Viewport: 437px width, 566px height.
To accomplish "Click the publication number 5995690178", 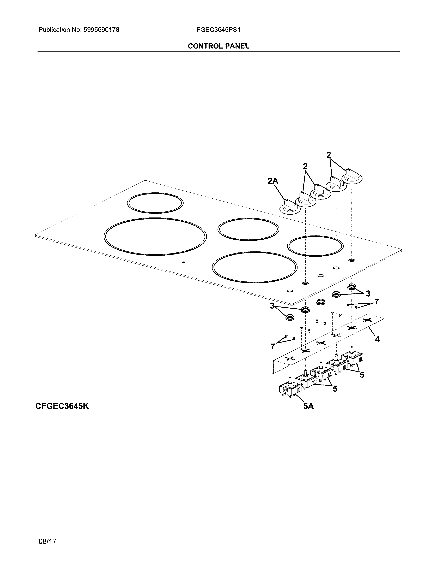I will point(101,30).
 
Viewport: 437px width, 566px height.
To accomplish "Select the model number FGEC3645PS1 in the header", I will point(218,30).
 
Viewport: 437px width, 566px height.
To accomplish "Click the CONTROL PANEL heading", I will point(218,46).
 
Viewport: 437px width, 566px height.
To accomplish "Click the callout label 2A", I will point(273,181).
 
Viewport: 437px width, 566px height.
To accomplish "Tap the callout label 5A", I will point(309,406).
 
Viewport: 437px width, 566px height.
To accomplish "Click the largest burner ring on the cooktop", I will point(155,236).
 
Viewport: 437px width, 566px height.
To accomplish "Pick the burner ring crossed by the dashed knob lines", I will point(315,246).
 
